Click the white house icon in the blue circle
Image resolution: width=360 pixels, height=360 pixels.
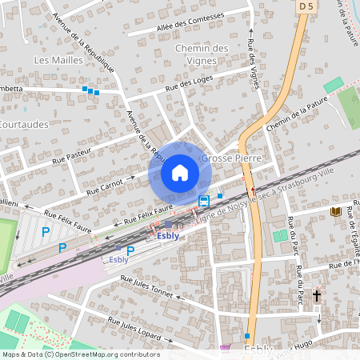(179, 173)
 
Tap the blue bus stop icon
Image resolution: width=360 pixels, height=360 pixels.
(204, 199)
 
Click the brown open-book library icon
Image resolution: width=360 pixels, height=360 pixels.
(336, 211)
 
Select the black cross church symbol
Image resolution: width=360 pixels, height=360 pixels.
(317, 296)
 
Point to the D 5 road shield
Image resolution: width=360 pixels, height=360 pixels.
(305, 6)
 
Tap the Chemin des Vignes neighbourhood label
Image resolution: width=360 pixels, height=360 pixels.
(201, 54)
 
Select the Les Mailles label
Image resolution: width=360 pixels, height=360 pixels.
(54, 60)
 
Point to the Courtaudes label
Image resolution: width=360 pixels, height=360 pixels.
(24, 125)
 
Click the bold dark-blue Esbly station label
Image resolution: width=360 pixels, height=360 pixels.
(167, 236)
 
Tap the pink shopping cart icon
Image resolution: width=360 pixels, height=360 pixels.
(225, 348)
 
